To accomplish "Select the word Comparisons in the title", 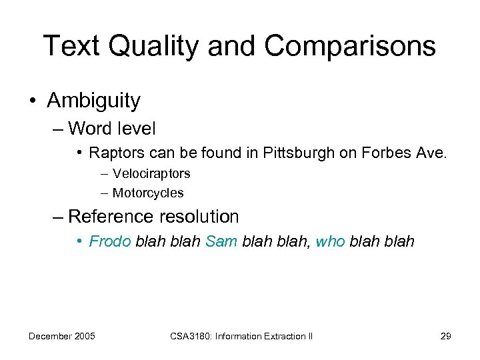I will tap(350, 46).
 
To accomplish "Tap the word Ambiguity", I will tap(93, 101).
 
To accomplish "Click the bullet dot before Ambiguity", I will tap(33, 101).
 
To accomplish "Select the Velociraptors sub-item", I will tap(151, 173).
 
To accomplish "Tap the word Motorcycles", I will tap(147, 193).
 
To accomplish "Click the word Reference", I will tap(111, 217).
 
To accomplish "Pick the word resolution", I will tap(199, 217).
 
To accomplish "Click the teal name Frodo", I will tap(110, 241).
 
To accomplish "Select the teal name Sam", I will tap(221, 241).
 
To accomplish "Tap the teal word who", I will tap(331, 241).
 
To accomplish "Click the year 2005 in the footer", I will tap(83, 336).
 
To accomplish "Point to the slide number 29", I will tap(446, 336).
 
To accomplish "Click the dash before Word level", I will tap(59, 127).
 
